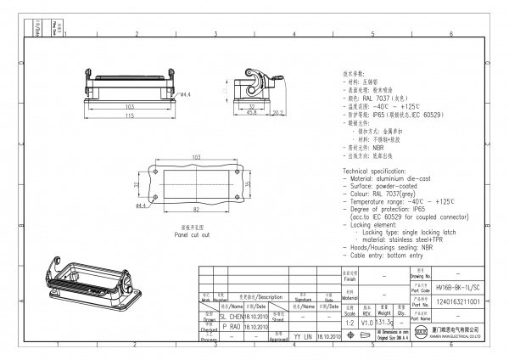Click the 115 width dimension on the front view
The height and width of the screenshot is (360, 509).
coord(130,115)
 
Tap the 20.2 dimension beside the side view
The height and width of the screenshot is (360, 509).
coord(276,111)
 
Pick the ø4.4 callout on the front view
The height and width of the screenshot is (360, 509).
coord(185,94)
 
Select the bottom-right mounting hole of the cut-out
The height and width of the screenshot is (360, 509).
coord(238,197)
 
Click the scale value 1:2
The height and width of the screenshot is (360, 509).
coord(349,323)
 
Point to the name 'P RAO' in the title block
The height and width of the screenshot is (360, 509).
coord(231,325)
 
